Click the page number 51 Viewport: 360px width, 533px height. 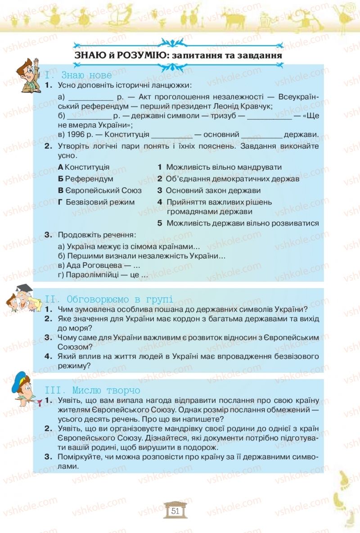point(175,511)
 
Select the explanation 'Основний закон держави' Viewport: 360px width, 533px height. point(213,190)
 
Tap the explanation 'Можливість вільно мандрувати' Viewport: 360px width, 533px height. point(224,167)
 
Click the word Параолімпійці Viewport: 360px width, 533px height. point(93,275)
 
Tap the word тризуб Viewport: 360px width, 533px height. point(226,116)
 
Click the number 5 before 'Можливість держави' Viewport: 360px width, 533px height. point(160,223)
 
